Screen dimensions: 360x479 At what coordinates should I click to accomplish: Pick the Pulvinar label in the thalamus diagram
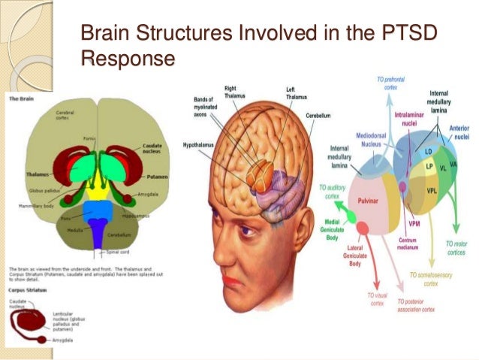point(367,201)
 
